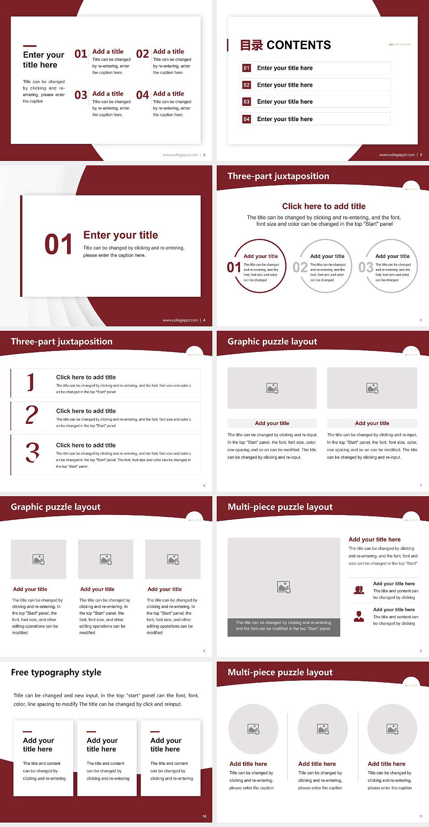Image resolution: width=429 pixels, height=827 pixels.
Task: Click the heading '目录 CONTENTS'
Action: pos(285,45)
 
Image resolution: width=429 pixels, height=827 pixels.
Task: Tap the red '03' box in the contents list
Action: pos(247,102)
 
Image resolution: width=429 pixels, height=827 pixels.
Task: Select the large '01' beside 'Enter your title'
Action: pos(58,245)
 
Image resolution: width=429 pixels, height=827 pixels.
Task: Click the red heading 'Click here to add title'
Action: pos(324,206)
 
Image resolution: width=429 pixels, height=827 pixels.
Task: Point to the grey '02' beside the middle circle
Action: pos(300,267)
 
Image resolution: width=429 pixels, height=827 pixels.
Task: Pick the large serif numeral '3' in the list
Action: pos(32,452)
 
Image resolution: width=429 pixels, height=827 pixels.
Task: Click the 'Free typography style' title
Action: pos(56,672)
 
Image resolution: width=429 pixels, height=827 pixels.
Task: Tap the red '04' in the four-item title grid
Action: pos(143,95)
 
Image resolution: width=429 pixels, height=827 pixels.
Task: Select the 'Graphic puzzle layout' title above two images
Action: pos(272,342)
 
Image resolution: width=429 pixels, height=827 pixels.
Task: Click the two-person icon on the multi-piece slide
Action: pos(359,590)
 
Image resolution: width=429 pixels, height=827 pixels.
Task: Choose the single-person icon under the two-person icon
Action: pos(359,616)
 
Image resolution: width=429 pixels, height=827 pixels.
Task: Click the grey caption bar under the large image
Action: pos(284,627)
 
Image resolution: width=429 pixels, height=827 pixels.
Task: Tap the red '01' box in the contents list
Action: pos(247,68)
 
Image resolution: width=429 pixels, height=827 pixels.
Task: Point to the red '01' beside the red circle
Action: pos(234,267)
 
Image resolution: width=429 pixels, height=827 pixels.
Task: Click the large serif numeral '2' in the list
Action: pos(32,415)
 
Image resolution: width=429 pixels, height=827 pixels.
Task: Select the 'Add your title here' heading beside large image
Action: pos(374,540)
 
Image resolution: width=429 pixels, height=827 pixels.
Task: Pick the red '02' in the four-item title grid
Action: pos(143,54)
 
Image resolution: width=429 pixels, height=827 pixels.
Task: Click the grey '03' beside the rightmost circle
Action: pos(366,267)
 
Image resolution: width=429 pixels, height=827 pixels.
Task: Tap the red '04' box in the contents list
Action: pos(247,119)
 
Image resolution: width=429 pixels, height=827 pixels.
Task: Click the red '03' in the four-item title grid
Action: pos(81,95)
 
